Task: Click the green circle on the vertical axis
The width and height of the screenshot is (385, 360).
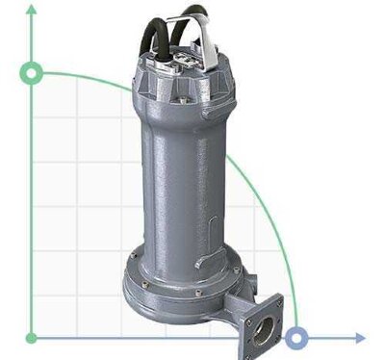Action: (33, 73)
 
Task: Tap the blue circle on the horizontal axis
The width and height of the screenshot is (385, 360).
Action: (298, 338)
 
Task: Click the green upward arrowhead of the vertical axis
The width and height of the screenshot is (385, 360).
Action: (33, 9)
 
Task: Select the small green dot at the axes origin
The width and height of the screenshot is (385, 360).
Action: (33, 338)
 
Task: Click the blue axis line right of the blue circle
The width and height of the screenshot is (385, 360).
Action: (332, 338)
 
